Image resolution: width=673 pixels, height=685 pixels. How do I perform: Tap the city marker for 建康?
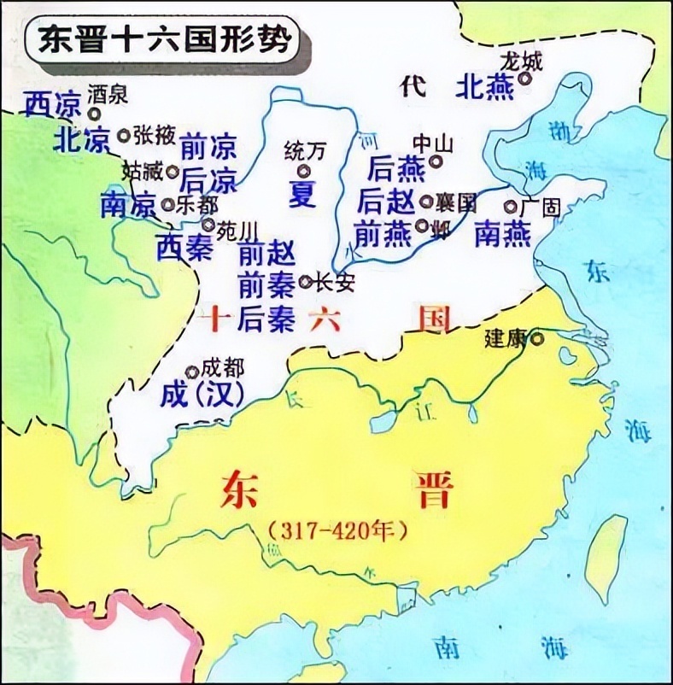[x=537, y=338]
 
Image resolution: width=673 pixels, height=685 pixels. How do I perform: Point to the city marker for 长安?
[x=306, y=281]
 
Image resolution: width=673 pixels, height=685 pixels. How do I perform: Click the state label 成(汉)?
[x=202, y=394]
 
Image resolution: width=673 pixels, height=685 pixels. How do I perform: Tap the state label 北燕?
[x=485, y=86]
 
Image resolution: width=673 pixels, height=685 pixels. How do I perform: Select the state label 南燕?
[x=504, y=232]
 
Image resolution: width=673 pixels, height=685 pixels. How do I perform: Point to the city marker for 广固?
[x=511, y=206]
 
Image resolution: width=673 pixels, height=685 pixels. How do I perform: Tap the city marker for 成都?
[x=191, y=371]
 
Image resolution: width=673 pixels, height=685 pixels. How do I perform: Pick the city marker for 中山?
[x=436, y=160]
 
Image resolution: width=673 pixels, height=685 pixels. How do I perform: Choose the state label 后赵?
[x=387, y=202]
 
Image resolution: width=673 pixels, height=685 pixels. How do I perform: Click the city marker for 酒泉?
[x=93, y=112]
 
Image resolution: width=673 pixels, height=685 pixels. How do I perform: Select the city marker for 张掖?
[x=124, y=134]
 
